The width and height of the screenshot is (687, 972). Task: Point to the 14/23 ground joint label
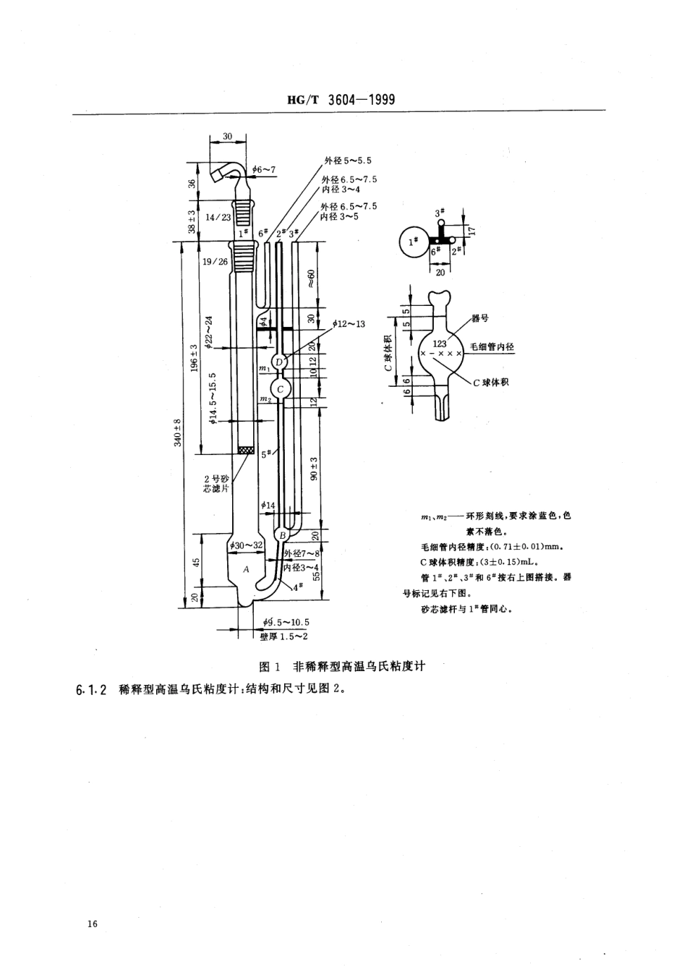pos(217,216)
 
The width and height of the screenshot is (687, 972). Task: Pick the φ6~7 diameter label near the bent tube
pos(265,170)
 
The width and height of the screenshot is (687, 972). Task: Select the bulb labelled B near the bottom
pos(283,534)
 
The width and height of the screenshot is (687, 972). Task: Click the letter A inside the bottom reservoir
pos(246,569)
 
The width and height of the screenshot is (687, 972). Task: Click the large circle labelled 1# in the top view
pos(414,242)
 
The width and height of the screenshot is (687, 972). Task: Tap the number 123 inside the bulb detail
pos(440,344)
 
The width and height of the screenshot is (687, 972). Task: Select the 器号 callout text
pos(480,317)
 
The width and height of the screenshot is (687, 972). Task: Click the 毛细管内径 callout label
pos(492,347)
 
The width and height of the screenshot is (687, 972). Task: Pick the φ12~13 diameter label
pos(349,323)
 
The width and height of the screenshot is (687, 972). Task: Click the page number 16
pos(92,924)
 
